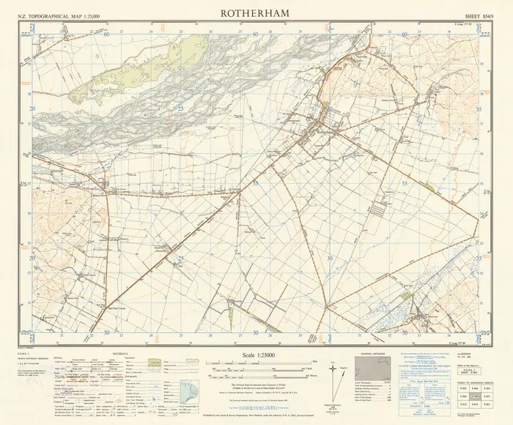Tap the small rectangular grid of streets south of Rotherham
pos(377,213)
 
